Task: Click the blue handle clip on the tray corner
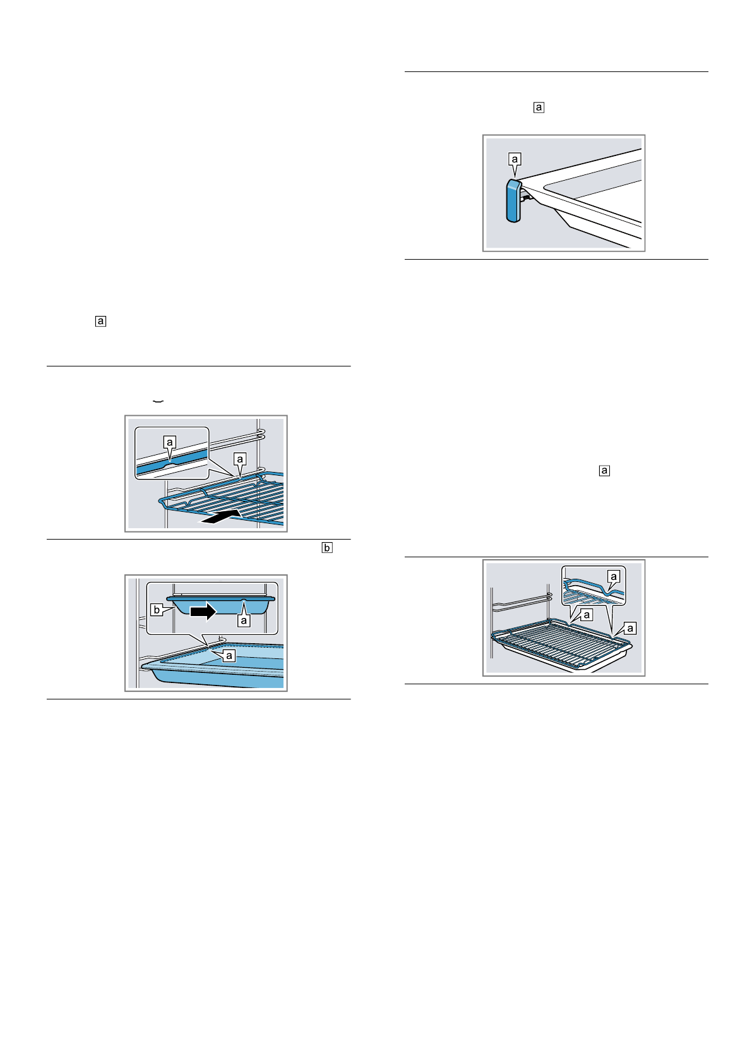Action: (513, 201)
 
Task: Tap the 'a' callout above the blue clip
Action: (515, 159)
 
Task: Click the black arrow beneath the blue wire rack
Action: (221, 517)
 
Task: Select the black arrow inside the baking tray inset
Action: (203, 611)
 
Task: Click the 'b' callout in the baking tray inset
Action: (156, 610)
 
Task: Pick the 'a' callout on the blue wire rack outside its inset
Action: (240, 458)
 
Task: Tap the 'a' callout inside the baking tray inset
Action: (242, 620)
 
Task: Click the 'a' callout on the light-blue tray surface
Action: (229, 656)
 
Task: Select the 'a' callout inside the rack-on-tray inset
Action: (612, 576)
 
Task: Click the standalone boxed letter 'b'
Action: (326, 548)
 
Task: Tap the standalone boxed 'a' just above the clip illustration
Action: (539, 107)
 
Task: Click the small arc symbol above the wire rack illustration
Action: (158, 401)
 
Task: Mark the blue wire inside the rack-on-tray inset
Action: (587, 584)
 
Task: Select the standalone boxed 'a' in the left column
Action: (100, 321)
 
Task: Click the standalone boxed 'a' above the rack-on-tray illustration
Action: (604, 471)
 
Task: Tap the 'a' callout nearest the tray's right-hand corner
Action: (630, 628)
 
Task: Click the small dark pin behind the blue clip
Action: (525, 196)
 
